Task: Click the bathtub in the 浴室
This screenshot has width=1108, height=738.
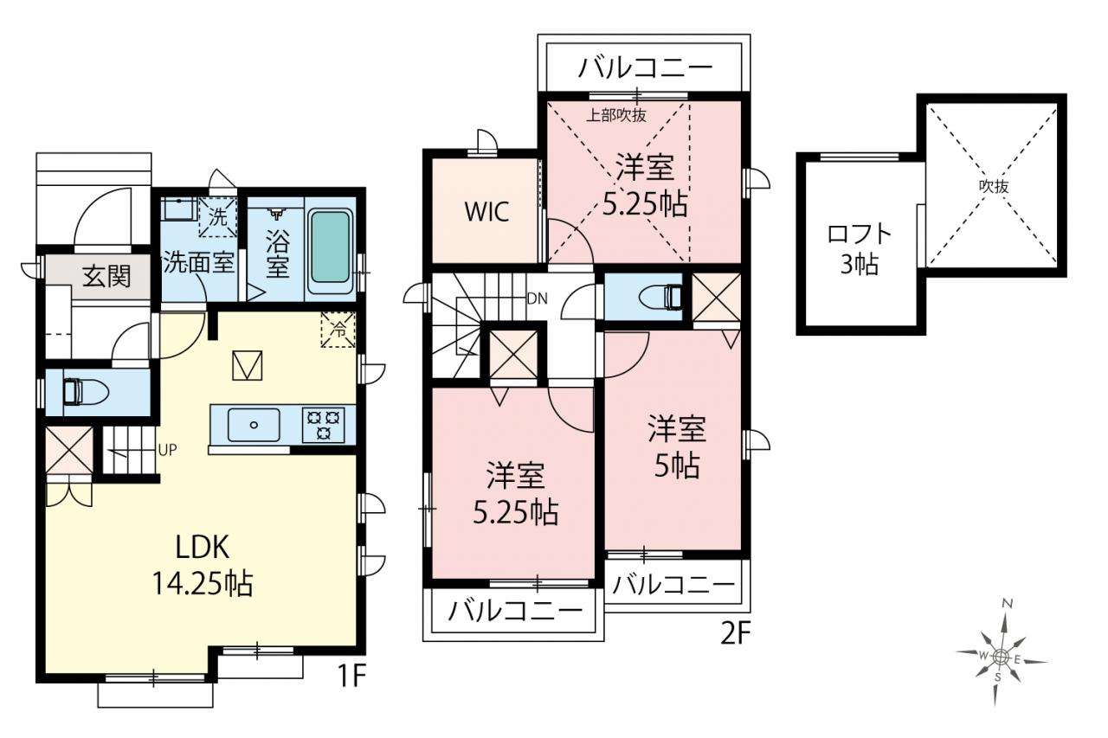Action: click(330, 252)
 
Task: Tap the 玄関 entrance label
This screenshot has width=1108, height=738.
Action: click(106, 276)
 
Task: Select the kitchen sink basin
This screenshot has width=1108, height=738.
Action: click(254, 425)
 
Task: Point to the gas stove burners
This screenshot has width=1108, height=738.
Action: click(324, 425)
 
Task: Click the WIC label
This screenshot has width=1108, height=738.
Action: click(486, 212)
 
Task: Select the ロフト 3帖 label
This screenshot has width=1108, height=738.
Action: click(860, 249)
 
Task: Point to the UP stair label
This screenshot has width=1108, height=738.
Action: click(167, 450)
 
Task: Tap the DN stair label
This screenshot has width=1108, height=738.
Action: click(538, 298)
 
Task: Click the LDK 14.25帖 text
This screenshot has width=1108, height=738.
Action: click(203, 565)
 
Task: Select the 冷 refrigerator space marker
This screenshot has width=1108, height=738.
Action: click(338, 330)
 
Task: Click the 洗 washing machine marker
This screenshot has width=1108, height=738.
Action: click(217, 217)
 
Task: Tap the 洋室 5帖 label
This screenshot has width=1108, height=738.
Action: click(677, 446)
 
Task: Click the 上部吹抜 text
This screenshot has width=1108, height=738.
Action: click(616, 115)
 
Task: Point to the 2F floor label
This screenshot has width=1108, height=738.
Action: click(736, 633)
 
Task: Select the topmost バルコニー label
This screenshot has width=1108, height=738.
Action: click(646, 67)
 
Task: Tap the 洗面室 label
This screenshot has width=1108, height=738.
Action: click(198, 262)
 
